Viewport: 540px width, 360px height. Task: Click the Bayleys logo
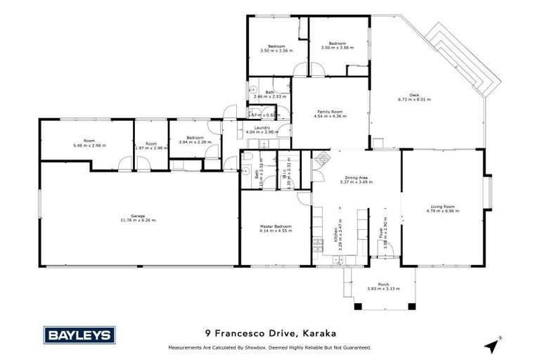(x=79, y=335)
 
